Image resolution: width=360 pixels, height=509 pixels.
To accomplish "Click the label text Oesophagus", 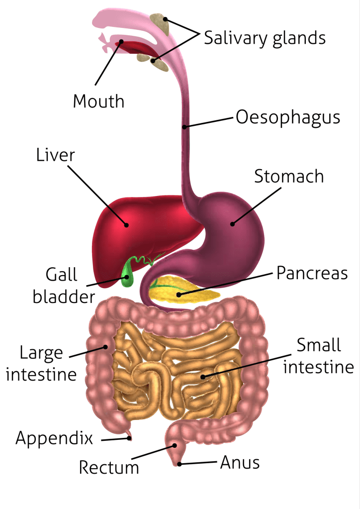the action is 288,117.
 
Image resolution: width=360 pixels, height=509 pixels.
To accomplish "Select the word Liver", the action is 56,155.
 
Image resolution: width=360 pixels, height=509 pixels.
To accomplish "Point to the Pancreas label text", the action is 312,273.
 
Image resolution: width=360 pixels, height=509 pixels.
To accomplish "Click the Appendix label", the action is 54,438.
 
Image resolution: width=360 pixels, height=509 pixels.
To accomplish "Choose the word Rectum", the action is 109,468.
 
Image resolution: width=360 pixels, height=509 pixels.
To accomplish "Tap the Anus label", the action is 240,462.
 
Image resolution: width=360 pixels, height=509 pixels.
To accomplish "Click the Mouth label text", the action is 98,101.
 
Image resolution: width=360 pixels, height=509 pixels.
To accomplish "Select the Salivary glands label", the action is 265,38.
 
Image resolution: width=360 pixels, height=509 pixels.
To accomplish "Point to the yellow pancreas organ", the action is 183,290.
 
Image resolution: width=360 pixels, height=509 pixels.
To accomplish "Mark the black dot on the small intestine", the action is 203,377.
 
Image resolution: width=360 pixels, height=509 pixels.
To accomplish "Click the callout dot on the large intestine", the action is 105,347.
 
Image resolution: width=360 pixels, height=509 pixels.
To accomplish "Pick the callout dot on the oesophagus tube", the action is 184,126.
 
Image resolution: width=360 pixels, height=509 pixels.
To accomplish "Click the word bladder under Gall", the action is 64,297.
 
